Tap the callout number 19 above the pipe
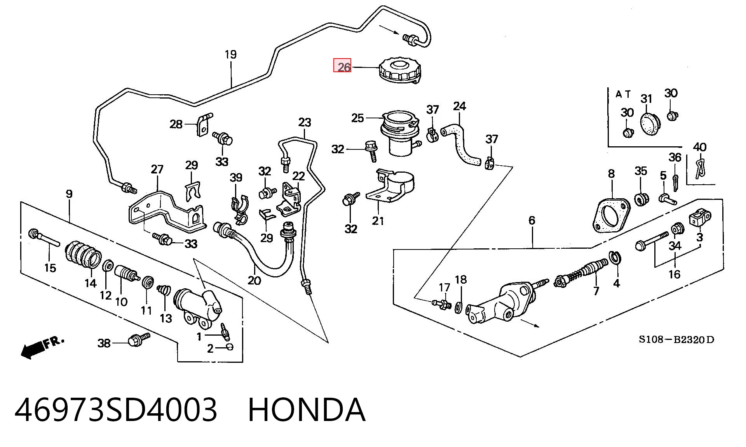231,54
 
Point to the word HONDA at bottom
307,410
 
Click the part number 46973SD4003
116,410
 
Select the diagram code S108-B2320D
676,340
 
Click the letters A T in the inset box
623,94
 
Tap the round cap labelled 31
649,124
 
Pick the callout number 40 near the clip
699,147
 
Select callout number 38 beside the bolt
104,343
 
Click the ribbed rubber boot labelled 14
83,255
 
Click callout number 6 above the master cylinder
532,220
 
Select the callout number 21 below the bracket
378,221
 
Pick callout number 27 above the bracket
157,169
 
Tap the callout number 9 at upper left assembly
69,194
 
